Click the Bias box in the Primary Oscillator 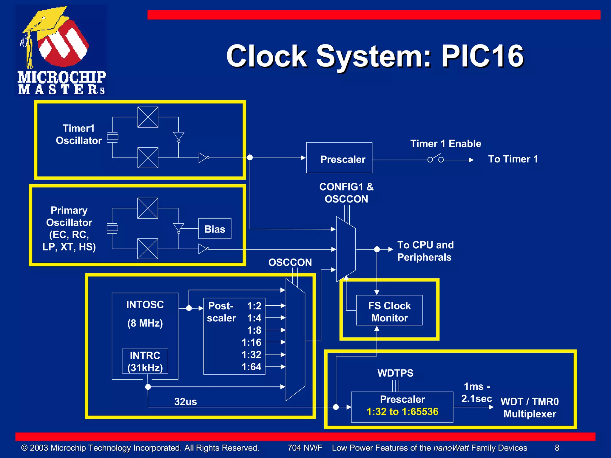pos(215,229)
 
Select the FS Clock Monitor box pos(389,310)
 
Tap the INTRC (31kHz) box pos(145,361)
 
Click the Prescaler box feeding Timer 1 pos(339,158)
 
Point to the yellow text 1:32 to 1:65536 pos(402,412)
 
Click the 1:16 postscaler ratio pos(251,342)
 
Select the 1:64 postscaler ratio pos(251,367)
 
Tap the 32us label pos(186,402)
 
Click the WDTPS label pos(395,373)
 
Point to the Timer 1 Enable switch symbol pos(435,159)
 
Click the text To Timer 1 pos(513,159)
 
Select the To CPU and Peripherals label pos(425,251)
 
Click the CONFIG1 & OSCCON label pos(346,193)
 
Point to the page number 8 pos(557,448)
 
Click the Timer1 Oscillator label pos(79,134)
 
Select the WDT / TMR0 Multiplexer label pos(530,408)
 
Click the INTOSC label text pos(145,305)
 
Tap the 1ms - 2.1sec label pos(476,392)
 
